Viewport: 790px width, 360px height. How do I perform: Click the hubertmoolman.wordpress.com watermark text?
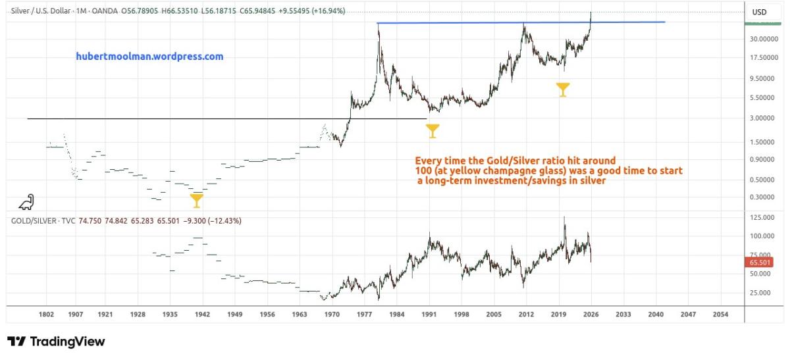click(x=149, y=57)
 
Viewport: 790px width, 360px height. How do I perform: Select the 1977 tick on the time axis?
click(x=365, y=315)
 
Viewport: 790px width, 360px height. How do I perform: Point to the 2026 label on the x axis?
click(x=591, y=315)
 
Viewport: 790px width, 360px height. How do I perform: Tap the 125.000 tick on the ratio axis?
click(x=763, y=217)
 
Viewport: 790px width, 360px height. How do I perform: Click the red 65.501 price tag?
click(x=760, y=263)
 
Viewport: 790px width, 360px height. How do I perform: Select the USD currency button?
click(x=759, y=13)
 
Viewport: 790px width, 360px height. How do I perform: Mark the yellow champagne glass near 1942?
click(x=196, y=200)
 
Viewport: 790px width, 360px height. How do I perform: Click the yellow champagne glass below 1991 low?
click(x=432, y=131)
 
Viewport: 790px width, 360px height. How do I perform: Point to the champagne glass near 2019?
click(x=562, y=90)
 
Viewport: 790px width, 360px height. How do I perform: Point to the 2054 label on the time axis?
click(x=720, y=315)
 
